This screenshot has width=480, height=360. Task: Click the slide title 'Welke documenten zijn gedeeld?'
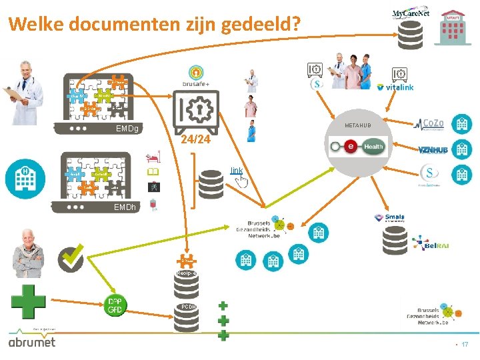point(155,25)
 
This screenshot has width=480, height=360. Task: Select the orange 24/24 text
point(195,139)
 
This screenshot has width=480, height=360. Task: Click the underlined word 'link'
point(237,171)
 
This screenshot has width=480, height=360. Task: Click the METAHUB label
point(358,126)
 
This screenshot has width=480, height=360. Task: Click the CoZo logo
point(431,123)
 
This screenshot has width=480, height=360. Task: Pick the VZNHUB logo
point(431,149)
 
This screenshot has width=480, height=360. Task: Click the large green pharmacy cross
point(29,302)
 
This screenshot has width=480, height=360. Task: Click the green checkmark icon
point(71,258)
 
